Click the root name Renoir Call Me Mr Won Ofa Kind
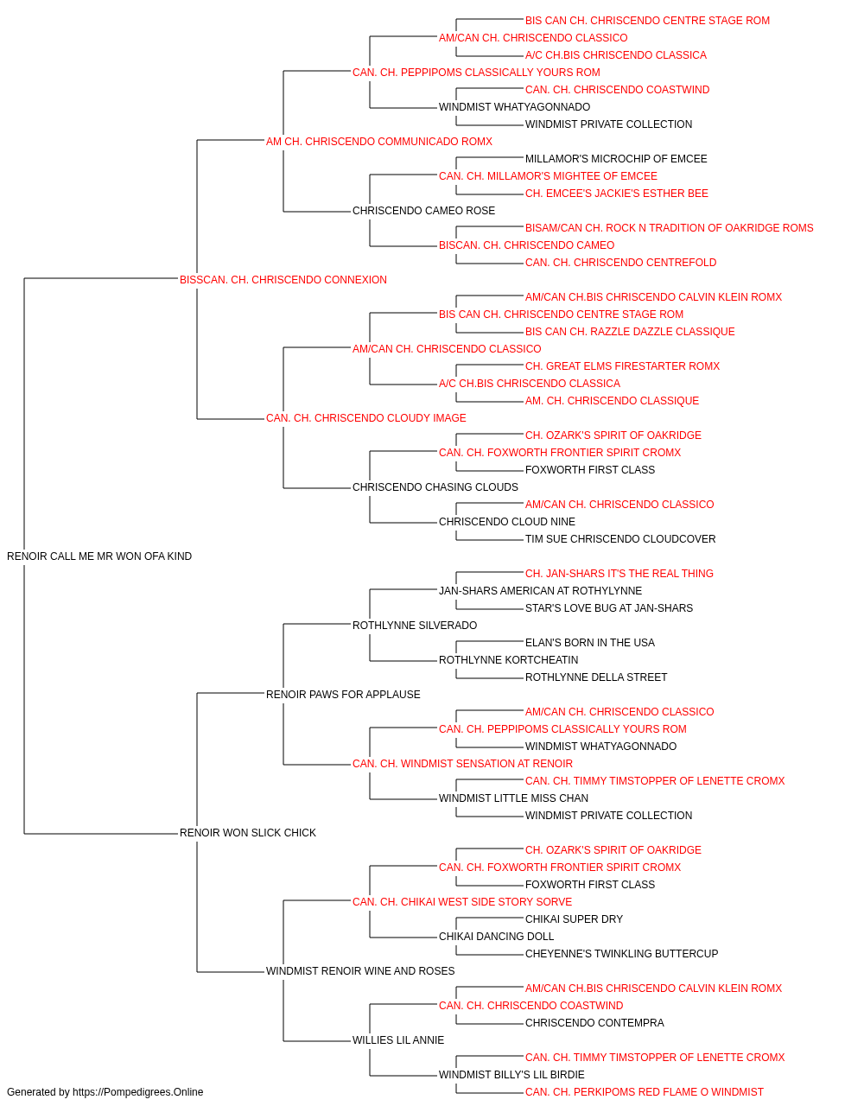pyautogui.click(x=99, y=556)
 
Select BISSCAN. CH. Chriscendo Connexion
pyautogui.click(x=283, y=280)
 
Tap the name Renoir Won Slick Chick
pyautogui.click(x=248, y=833)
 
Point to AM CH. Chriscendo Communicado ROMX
pyautogui.click(x=379, y=142)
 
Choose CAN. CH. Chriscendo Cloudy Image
pyautogui.click(x=365, y=418)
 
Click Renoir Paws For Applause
pyautogui.click(x=343, y=695)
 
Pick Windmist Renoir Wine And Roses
pyautogui.click(x=360, y=971)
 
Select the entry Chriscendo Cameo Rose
pyautogui.click(x=423, y=211)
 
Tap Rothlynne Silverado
pyautogui.click(x=415, y=626)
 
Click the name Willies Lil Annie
pyautogui.click(x=398, y=1040)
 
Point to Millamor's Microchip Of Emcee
pyautogui.click(x=616, y=159)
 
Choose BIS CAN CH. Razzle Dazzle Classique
pyautogui.click(x=630, y=332)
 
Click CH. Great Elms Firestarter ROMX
pyautogui.click(x=622, y=366)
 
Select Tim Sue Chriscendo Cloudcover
pyautogui.click(x=620, y=539)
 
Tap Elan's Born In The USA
pyautogui.click(x=590, y=643)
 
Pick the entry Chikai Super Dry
pyautogui.click(x=574, y=919)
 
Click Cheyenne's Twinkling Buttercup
pyautogui.click(x=621, y=954)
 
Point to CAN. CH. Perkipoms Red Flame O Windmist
pyautogui.click(x=645, y=1092)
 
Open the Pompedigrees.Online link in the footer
pyautogui.click(x=138, y=1092)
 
